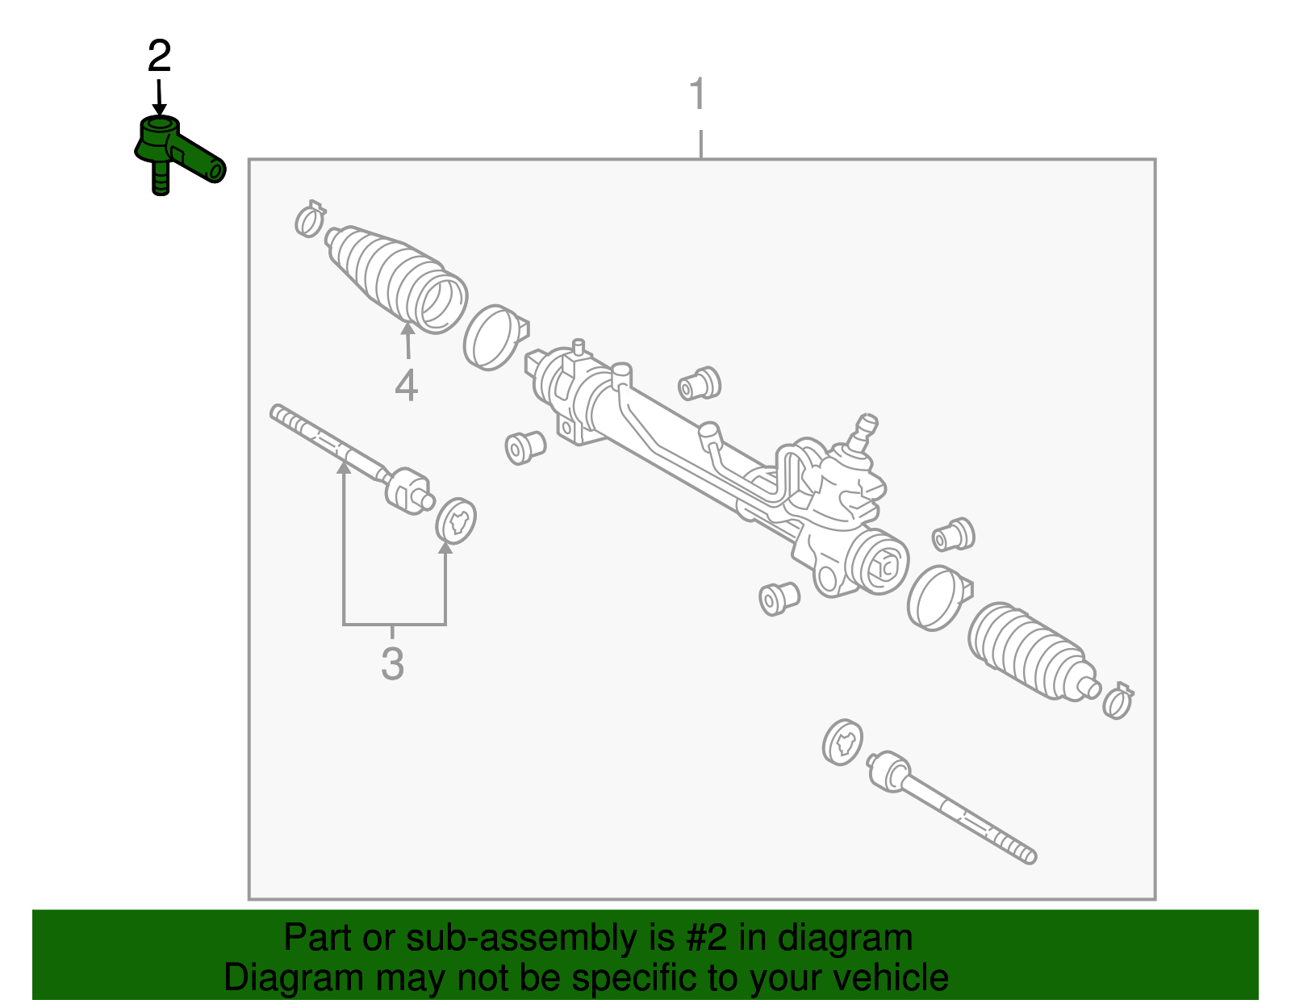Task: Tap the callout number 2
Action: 159,57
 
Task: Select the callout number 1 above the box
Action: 698,94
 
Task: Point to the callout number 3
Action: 392,664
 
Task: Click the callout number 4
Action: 407,386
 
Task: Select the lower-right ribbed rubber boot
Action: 1029,650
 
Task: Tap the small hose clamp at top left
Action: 309,218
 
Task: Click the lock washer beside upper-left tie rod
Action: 456,521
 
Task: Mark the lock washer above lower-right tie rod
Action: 842,741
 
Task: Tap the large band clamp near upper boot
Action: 493,337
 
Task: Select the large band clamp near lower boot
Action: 936,597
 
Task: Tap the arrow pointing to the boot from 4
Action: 407,339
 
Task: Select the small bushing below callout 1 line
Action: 700,383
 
